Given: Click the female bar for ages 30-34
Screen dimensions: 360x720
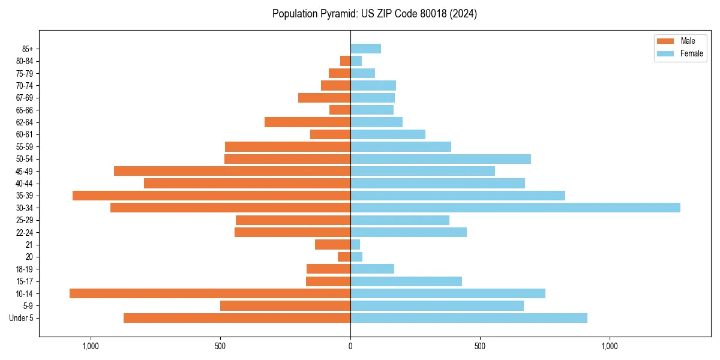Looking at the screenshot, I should click(515, 208).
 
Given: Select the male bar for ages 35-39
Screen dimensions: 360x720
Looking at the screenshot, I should click(211, 196).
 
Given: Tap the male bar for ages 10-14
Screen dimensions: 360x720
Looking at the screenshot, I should click(210, 293).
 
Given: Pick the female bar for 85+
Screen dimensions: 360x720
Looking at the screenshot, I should click(365, 49).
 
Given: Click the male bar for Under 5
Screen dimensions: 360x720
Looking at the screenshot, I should click(237, 318).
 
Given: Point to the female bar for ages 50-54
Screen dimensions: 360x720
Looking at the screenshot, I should click(440, 159).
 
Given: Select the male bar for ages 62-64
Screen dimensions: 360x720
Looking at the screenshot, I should click(307, 122).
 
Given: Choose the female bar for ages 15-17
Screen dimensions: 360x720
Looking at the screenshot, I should click(406, 281).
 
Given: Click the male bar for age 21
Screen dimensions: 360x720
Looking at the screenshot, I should click(332, 244).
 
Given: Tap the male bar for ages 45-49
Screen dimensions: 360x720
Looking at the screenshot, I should click(232, 171).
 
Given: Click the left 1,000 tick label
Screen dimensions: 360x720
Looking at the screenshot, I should click(91, 346).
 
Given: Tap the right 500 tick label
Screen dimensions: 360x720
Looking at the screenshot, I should click(479, 346).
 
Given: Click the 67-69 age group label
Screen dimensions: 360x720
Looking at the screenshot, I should click(24, 98).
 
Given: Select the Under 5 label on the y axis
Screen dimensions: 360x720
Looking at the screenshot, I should click(22, 318).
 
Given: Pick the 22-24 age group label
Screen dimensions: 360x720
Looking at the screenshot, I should click(24, 232).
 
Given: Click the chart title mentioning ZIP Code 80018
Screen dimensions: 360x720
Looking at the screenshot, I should click(374, 14).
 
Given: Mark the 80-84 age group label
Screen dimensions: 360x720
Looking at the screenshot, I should click(24, 61).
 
